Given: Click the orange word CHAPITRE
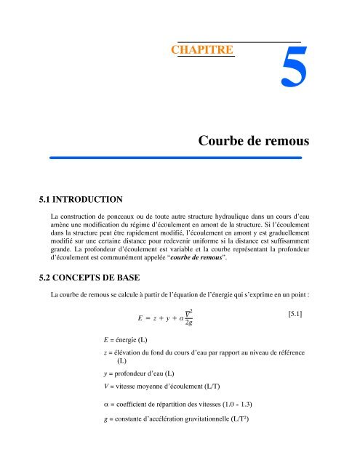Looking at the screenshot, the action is pos(201,50).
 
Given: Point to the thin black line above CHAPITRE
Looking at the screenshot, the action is pos(240,41).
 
